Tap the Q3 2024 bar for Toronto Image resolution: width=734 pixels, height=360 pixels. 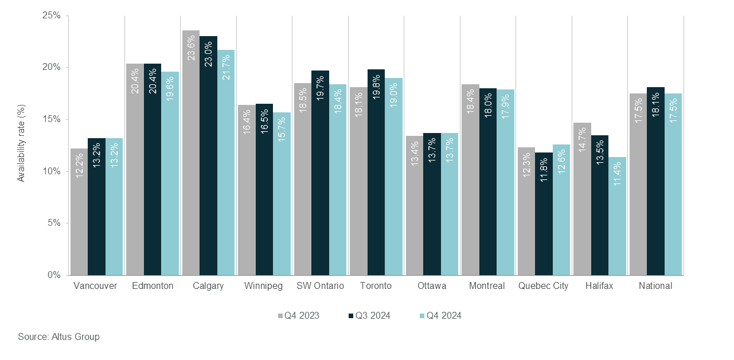[x=376, y=172]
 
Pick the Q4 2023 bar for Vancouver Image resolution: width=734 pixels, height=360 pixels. [x=79, y=212]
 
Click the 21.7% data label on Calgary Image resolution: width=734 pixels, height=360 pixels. [x=226, y=66]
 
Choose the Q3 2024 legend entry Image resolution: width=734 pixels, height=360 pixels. [x=369, y=315]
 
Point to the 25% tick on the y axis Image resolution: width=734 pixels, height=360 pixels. [x=52, y=15]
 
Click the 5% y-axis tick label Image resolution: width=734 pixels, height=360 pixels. [x=54, y=223]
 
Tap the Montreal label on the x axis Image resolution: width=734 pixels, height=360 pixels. [x=486, y=286]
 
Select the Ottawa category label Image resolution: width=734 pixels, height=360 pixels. [x=432, y=286]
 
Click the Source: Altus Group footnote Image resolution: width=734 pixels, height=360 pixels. [x=58, y=336]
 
